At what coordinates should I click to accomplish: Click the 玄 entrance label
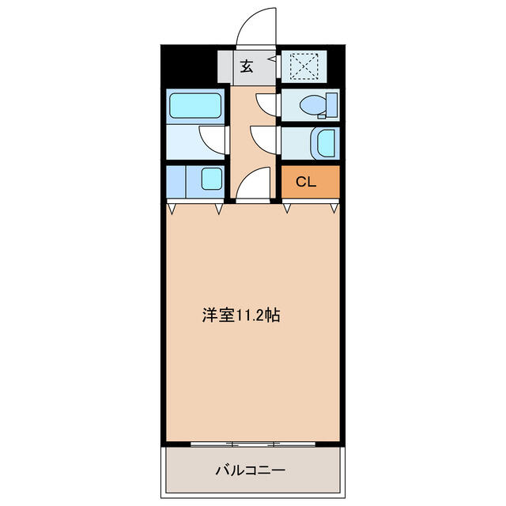click(247, 67)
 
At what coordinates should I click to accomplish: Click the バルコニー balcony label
click(251, 470)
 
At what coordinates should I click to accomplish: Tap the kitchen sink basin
click(211, 179)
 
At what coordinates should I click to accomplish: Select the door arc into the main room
click(252, 186)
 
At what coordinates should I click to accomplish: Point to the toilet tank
click(332, 104)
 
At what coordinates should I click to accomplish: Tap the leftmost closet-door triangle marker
click(172, 210)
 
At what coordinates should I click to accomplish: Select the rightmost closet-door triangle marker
click(335, 210)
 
